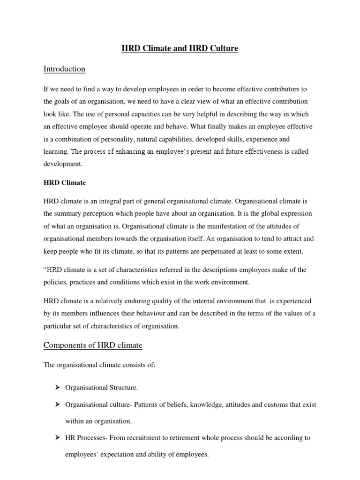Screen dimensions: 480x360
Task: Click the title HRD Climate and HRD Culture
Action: (x=180, y=48)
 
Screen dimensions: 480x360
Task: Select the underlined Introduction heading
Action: (x=64, y=69)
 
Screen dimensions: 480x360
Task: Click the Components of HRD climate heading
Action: (x=93, y=345)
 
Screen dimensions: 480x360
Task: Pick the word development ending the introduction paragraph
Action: (x=63, y=165)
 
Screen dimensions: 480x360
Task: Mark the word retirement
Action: (x=183, y=438)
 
